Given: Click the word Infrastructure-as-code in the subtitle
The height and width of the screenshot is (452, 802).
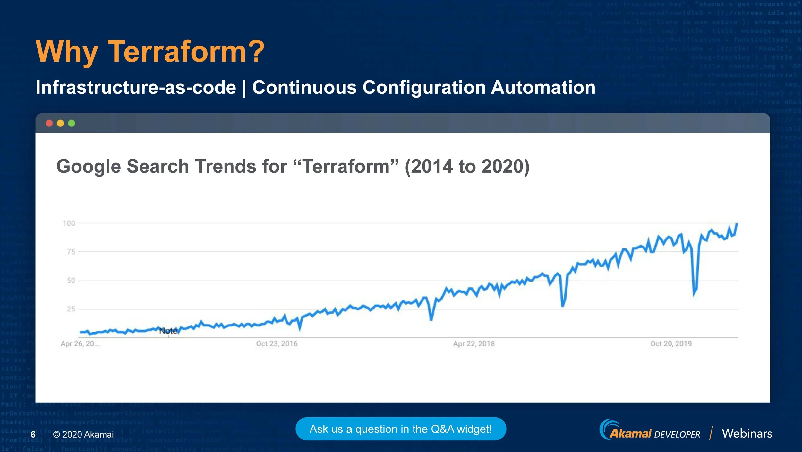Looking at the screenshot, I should tap(136, 87).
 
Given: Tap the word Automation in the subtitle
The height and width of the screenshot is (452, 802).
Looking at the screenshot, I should tap(543, 87).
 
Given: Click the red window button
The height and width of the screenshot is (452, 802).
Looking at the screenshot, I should tap(49, 123).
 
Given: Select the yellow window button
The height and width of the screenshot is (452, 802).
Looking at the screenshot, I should tap(60, 123).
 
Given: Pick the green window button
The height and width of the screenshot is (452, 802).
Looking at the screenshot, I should tap(72, 123).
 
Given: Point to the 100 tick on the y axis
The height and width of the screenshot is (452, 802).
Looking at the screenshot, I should tap(69, 223).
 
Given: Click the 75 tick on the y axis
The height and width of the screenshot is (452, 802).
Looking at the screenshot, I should tap(71, 252).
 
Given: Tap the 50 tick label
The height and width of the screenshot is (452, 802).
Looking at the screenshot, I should tap(71, 281).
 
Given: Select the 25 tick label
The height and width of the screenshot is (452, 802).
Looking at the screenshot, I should tap(71, 309).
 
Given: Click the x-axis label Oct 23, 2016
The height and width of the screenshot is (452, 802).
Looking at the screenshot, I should tap(277, 344).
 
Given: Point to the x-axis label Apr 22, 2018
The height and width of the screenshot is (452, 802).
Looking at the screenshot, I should tap(474, 344).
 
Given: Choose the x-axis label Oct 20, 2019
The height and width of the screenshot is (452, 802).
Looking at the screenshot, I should tap(670, 344).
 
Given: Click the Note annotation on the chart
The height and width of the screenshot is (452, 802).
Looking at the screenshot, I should tap(168, 331).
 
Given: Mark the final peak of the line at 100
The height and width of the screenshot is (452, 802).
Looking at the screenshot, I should tap(737, 224).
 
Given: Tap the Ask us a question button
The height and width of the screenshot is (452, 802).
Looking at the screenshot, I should tap(401, 429).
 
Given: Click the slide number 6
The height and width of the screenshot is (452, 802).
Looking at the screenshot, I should tap(33, 434).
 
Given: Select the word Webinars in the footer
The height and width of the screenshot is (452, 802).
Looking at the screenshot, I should tap(747, 433).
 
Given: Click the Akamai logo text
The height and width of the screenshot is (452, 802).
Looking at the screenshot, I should tap(630, 434).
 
